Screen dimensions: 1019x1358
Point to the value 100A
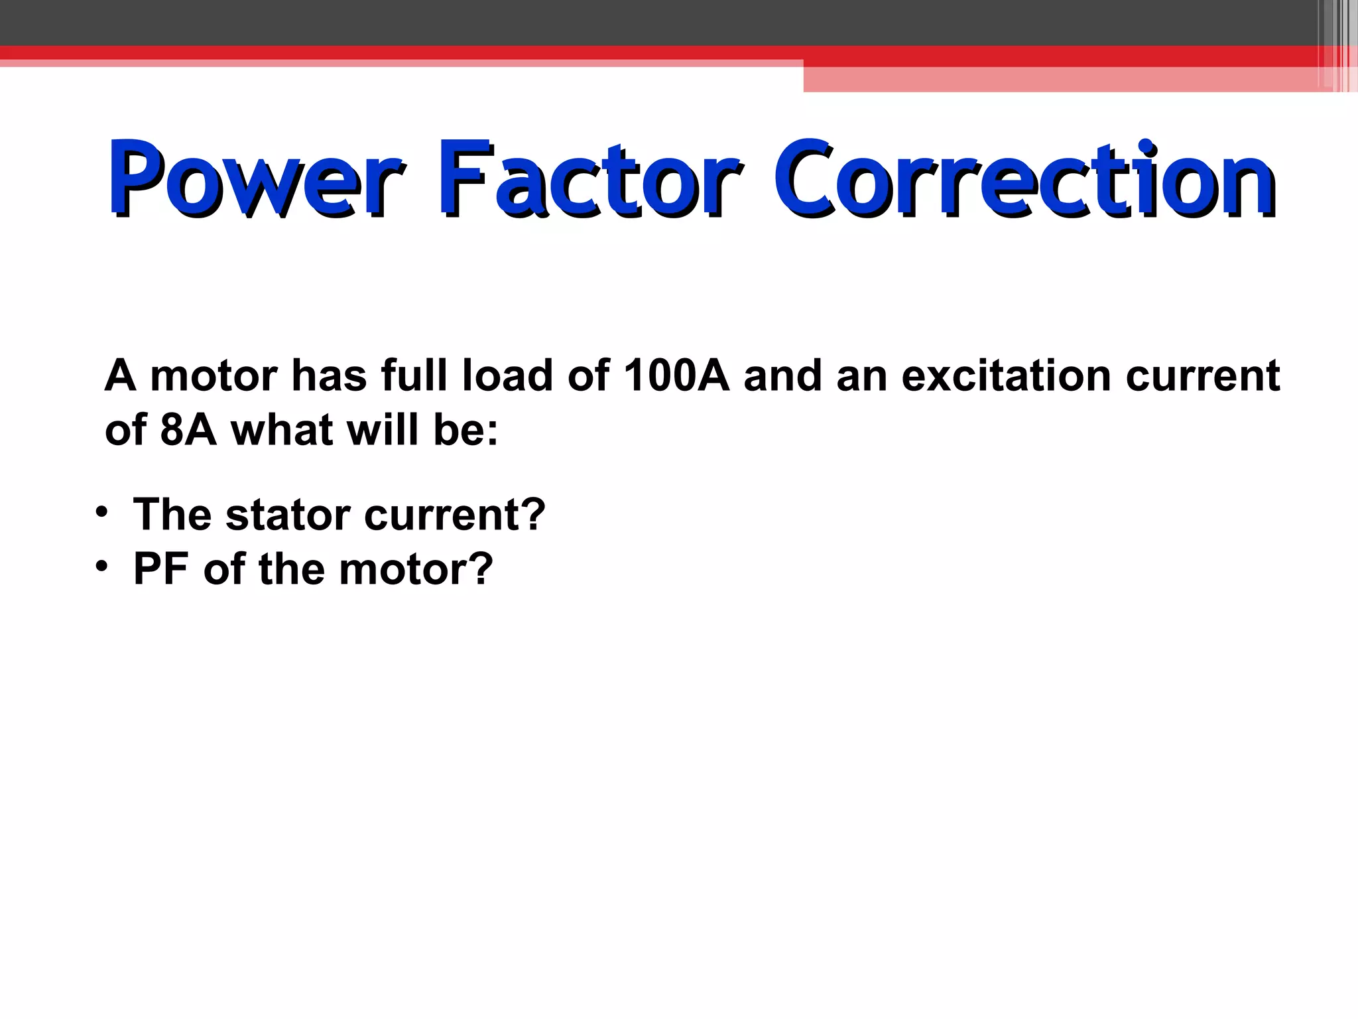click(x=676, y=376)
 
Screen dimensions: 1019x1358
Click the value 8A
click(x=188, y=431)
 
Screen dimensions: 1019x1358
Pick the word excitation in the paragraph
click(x=1006, y=376)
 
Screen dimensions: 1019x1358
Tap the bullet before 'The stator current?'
click(x=101, y=513)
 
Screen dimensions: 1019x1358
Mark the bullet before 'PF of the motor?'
click(x=101, y=567)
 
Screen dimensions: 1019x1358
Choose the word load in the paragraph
click(x=507, y=376)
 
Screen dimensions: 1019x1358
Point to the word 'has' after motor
click(x=330, y=376)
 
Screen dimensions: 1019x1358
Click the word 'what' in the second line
click(x=282, y=431)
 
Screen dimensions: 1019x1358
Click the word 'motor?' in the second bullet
click(x=416, y=569)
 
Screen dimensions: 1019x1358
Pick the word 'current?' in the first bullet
click(x=455, y=515)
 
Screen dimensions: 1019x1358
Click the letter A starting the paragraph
click(x=120, y=376)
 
